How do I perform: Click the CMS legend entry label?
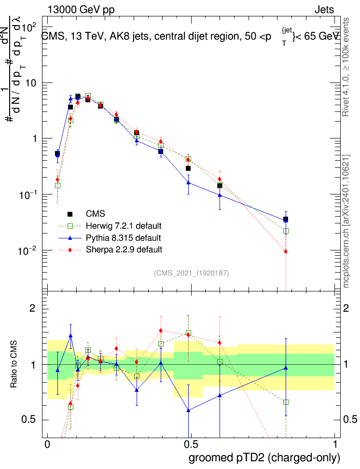pyautogui.click(x=96, y=214)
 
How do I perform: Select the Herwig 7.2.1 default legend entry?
pyautogui.click(x=123, y=226)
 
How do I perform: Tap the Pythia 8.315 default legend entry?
pyautogui.click(x=123, y=238)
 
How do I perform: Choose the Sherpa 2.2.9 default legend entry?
pyautogui.click(x=123, y=249)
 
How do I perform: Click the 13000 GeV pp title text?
pyautogui.click(x=81, y=10)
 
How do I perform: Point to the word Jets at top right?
pyautogui.click(x=324, y=10)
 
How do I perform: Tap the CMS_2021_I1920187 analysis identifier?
pyautogui.click(x=192, y=274)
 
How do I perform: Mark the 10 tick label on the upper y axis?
pyautogui.click(x=32, y=83)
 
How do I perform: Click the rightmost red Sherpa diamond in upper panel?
pyautogui.click(x=286, y=251)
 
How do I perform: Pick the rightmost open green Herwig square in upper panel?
pyautogui.click(x=286, y=231)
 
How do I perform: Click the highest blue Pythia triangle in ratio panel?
pyautogui.click(x=70, y=335)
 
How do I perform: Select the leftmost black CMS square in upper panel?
pyautogui.click(x=57, y=153)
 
